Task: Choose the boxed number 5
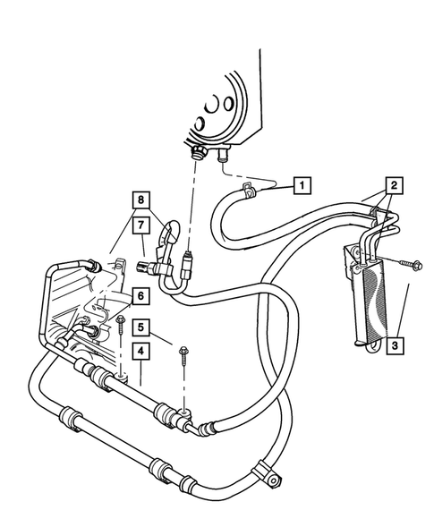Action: tap(140, 327)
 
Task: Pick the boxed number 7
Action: tap(140, 222)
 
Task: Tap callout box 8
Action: tap(140, 199)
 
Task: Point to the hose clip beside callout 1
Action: tap(248, 190)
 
